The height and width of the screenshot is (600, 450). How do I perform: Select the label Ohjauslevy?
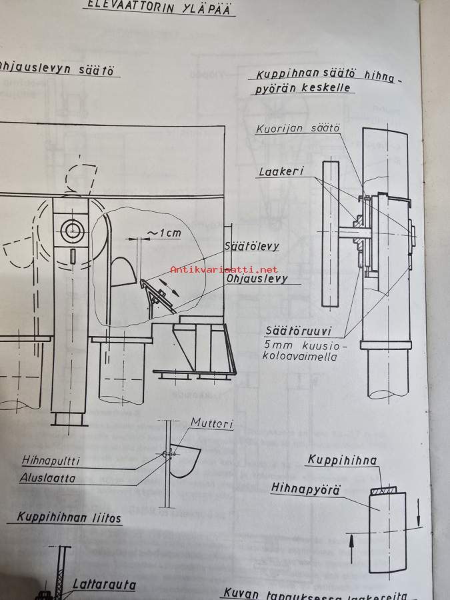257,279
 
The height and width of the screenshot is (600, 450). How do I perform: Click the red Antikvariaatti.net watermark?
224,269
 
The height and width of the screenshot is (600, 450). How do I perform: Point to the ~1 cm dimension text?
163,233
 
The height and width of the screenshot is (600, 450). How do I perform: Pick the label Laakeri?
281,172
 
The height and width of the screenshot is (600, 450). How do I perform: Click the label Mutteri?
211,423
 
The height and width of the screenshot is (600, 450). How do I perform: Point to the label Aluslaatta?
47,478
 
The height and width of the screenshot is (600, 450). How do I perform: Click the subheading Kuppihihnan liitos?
69,517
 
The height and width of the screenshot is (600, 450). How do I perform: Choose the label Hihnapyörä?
305,489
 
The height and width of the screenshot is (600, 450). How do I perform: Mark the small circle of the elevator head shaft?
69,231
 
